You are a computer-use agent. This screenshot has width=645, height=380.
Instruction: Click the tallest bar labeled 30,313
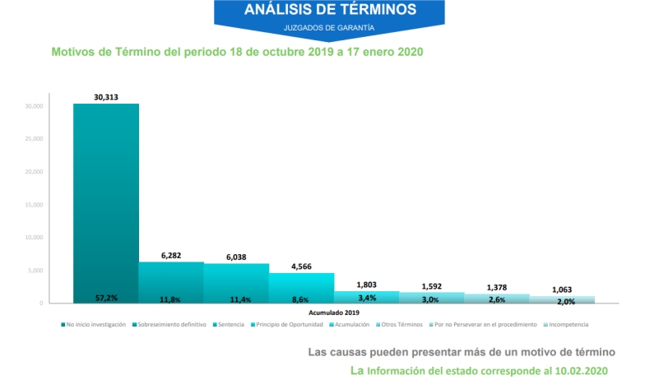click(x=106, y=202)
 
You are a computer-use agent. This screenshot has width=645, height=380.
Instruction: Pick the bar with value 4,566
click(x=301, y=287)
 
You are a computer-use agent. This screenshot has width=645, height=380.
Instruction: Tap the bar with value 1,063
click(x=562, y=299)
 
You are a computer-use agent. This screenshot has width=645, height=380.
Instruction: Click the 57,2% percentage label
click(x=105, y=296)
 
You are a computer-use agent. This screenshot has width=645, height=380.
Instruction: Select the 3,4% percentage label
click(x=367, y=298)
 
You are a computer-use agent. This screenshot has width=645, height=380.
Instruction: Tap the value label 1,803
click(x=367, y=285)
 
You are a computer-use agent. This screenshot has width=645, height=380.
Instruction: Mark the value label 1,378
click(x=498, y=287)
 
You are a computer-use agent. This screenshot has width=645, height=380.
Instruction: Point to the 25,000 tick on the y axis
click(x=33, y=139)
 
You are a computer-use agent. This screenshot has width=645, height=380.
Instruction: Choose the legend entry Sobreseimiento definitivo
click(x=170, y=324)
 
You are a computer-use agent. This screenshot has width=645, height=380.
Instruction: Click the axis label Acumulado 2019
click(x=334, y=313)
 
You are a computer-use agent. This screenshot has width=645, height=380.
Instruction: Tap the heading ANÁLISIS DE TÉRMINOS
click(x=330, y=11)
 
